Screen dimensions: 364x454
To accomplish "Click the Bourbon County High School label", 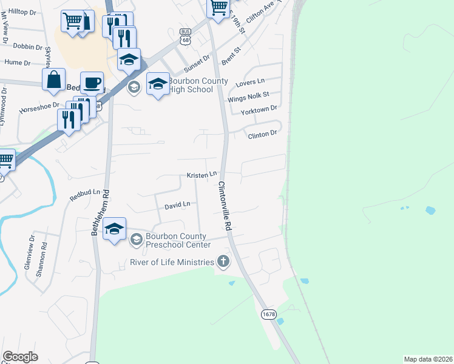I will tap(189, 86).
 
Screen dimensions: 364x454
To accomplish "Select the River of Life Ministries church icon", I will tap(223, 262).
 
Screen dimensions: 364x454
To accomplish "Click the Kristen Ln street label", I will tap(202, 175).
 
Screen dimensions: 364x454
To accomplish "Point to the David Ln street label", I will tap(178, 206).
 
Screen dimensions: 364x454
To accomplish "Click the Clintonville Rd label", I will tap(225, 206).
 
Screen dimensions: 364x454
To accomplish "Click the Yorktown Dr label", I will tap(259, 109).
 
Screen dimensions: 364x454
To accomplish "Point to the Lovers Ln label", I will tap(253, 81).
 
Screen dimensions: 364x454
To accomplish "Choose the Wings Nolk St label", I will tap(248, 95).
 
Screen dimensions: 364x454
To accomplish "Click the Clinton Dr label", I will tap(262, 133).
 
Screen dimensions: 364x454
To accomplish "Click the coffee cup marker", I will tap(92, 83).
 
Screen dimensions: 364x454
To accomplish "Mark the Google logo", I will tap(20, 357).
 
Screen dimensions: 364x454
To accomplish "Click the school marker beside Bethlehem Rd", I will tap(114, 229).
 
